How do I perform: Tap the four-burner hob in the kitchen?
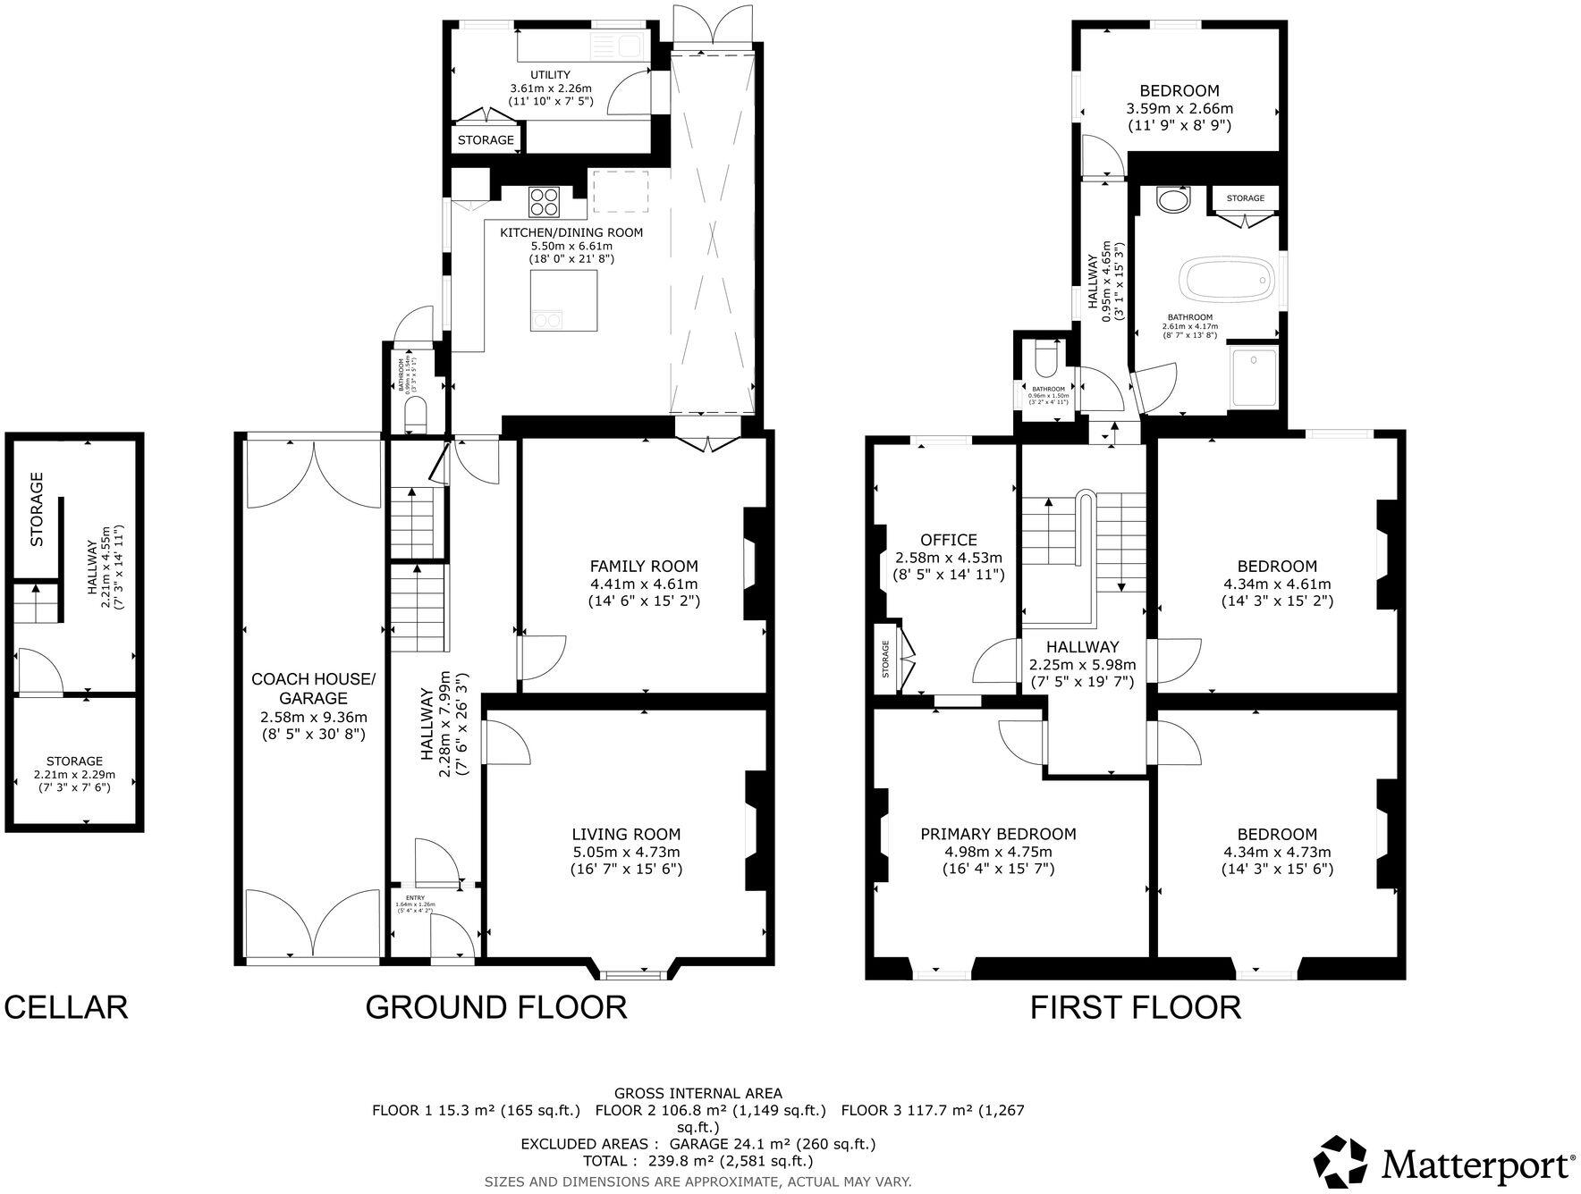pyautogui.click(x=544, y=202)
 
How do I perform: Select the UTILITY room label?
pyautogui.click(x=550, y=75)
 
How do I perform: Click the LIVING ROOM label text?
pyautogui.click(x=626, y=835)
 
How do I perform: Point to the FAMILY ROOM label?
pyautogui.click(x=644, y=566)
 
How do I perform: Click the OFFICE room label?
pyautogui.click(x=948, y=540)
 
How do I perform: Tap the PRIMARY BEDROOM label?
pyautogui.click(x=998, y=834)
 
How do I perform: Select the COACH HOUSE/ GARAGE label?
pyautogui.click(x=313, y=688)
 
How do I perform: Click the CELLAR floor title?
pyautogui.click(x=66, y=1007)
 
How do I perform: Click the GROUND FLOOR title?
pyautogui.click(x=495, y=1007)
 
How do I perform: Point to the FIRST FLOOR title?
pyautogui.click(x=1135, y=1007)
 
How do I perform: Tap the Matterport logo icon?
pyautogui.click(x=1344, y=1161)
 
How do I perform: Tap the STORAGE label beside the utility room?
pyautogui.click(x=486, y=140)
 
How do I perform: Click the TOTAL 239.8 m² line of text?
pyautogui.click(x=697, y=1161)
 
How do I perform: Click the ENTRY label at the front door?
pyautogui.click(x=415, y=897)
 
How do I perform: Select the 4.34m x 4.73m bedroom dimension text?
pyautogui.click(x=1276, y=852)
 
